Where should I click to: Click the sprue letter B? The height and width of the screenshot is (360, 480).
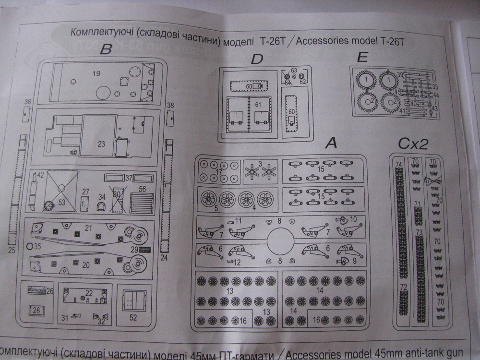click(107, 49)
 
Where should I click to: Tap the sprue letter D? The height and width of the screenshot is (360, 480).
click(257, 59)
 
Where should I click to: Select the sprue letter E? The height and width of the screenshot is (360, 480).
click(362, 57)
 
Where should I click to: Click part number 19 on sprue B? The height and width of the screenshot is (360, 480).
click(96, 73)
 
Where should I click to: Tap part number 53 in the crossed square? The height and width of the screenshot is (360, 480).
click(61, 202)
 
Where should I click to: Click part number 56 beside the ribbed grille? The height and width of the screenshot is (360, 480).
click(142, 189)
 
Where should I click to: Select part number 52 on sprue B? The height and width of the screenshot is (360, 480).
click(133, 317)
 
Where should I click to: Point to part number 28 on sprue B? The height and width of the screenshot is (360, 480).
click(36, 310)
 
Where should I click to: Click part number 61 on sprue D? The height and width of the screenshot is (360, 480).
click(258, 104)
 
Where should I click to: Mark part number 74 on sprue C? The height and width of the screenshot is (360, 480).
click(398, 164)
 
